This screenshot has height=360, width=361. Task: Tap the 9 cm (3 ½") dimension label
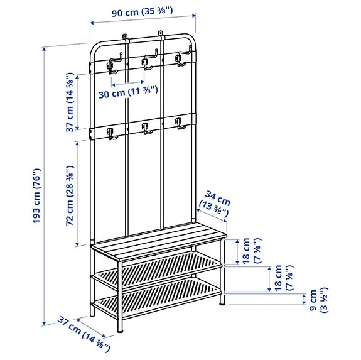(308, 300)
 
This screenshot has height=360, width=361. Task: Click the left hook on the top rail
(112, 63)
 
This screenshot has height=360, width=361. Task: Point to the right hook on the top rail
(181, 59)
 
